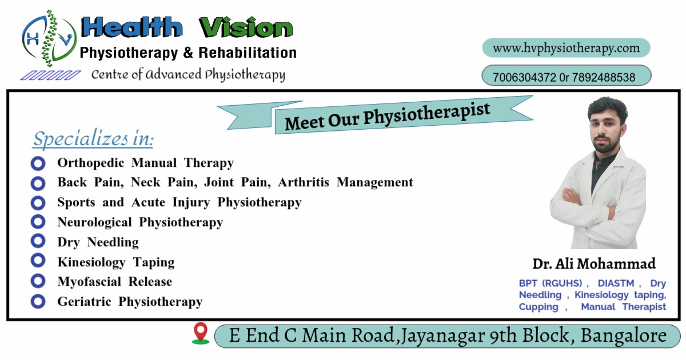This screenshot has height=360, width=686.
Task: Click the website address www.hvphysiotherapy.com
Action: click(567, 49)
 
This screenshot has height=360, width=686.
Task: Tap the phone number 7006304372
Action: click(524, 78)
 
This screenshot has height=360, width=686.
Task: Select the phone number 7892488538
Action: click(603, 78)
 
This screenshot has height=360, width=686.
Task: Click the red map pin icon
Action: click(201, 333)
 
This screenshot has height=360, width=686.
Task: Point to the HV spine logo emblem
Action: click(49, 39)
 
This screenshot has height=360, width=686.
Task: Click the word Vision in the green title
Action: click(246, 27)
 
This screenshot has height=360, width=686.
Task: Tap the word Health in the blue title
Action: click(131, 27)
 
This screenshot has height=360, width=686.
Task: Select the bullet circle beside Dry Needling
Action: click(38, 241)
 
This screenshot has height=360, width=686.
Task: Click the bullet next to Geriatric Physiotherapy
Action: click(38, 301)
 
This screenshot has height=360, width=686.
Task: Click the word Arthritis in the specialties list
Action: click(304, 182)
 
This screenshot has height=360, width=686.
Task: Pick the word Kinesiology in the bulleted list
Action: click(91, 263)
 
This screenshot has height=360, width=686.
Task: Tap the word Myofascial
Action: click(89, 282)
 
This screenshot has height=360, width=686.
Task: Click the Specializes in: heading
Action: click(93, 139)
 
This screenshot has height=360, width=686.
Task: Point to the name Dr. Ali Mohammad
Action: click(594, 264)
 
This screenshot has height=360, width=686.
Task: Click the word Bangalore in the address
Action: click(624, 335)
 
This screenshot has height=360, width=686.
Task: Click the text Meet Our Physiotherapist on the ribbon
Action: click(388, 117)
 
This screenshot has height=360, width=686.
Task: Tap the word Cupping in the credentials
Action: click(539, 307)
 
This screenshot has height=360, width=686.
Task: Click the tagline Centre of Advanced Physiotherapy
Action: click(188, 75)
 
